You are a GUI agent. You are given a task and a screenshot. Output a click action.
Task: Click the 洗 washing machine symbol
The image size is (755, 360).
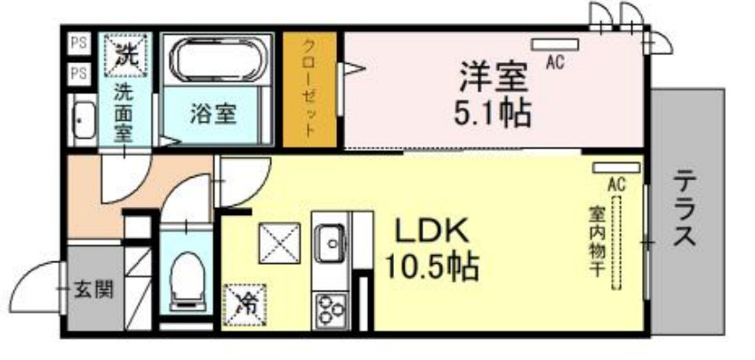coord(124,53)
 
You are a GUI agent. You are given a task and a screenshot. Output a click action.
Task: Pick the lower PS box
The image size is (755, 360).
coord(77,74)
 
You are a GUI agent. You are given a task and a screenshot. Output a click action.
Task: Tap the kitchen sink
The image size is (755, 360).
coord(331,243)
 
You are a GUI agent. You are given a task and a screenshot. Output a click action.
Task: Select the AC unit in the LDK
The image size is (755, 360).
coord(615,167)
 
